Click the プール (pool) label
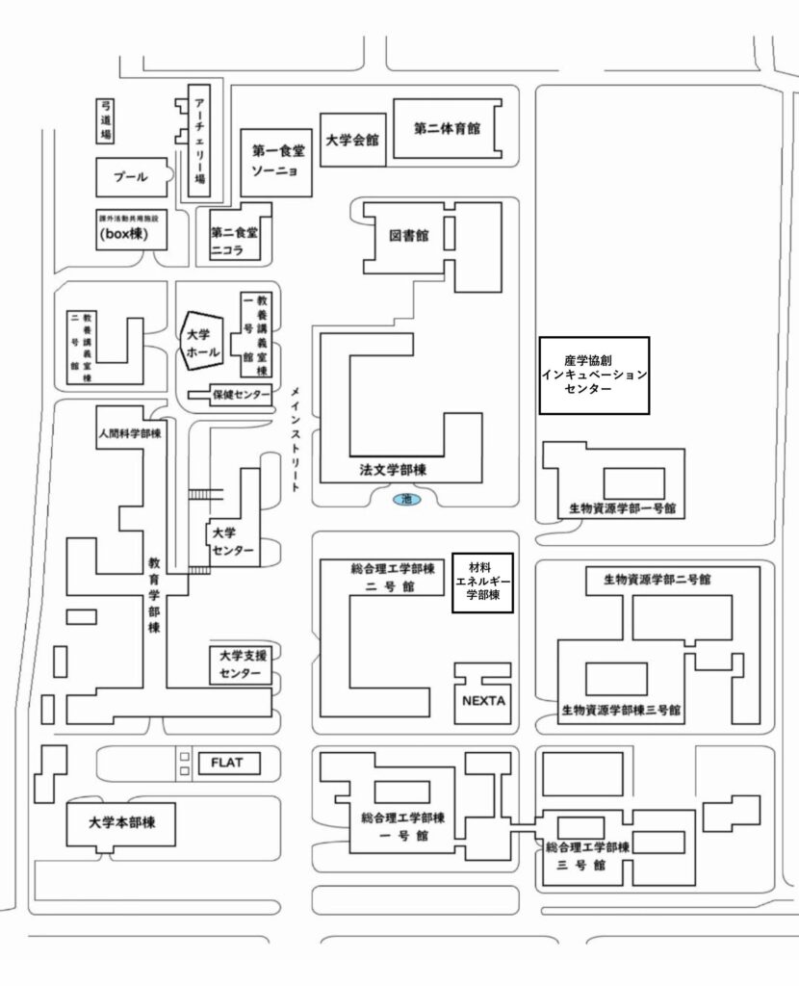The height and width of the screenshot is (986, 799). pos(131,177)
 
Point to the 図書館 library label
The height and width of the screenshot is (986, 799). pos(409,235)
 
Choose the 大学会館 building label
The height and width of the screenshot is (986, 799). pos(351,141)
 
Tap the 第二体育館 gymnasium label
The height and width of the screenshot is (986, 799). pos(448,127)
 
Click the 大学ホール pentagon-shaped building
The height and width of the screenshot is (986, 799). pos(203,344)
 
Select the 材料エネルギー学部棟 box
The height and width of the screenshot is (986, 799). pos(481,582)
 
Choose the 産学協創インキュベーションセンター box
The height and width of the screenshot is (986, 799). pos(593,375)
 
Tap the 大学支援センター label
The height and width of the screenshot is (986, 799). pos(240,664)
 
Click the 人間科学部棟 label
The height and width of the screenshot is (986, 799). pos(129,434)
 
